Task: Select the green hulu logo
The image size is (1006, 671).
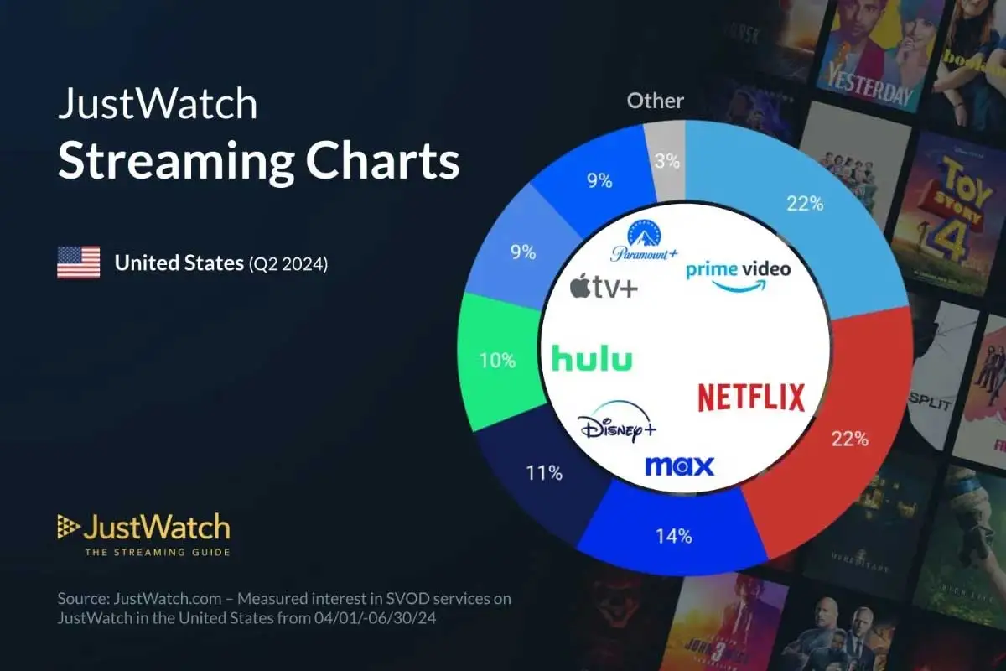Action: pyautogui.click(x=592, y=359)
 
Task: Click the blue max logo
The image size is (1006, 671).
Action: pyautogui.click(x=679, y=466)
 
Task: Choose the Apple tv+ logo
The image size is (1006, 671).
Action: pyautogui.click(x=604, y=288)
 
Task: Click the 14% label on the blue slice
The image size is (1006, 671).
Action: pyautogui.click(x=674, y=536)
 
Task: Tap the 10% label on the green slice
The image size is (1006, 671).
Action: pyautogui.click(x=498, y=361)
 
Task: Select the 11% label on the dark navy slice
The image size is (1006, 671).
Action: pyautogui.click(x=544, y=473)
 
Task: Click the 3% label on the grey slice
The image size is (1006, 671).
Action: pyautogui.click(x=666, y=161)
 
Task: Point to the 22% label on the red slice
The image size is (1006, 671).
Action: pyautogui.click(x=849, y=438)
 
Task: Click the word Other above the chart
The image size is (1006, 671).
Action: pyautogui.click(x=656, y=101)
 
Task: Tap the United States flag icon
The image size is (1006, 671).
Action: pyautogui.click(x=78, y=263)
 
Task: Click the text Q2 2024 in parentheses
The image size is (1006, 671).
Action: pyautogui.click(x=288, y=263)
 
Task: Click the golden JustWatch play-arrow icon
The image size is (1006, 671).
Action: pyautogui.click(x=68, y=527)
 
